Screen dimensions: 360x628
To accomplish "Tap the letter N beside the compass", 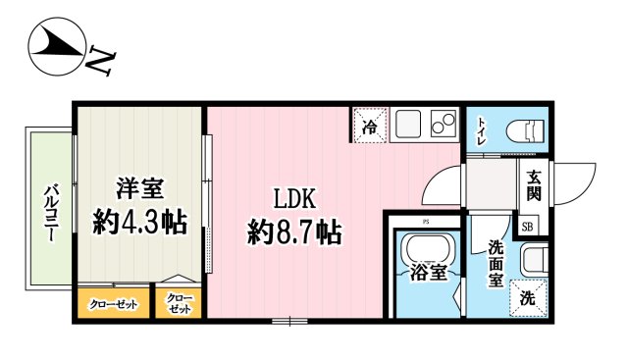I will tap(101, 62).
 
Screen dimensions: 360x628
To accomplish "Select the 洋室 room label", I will tap(138, 187).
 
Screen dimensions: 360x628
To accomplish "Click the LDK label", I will tap(292, 199).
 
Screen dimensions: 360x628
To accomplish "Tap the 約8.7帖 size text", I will tap(293, 232).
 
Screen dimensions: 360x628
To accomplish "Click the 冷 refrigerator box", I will tap(371, 125).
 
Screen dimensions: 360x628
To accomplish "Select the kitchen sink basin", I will tap(406, 125).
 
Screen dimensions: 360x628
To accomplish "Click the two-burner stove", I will tap(443, 125).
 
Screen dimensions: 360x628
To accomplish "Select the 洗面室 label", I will tap(497, 262).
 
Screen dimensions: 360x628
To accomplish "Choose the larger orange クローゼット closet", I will tap(114, 304).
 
